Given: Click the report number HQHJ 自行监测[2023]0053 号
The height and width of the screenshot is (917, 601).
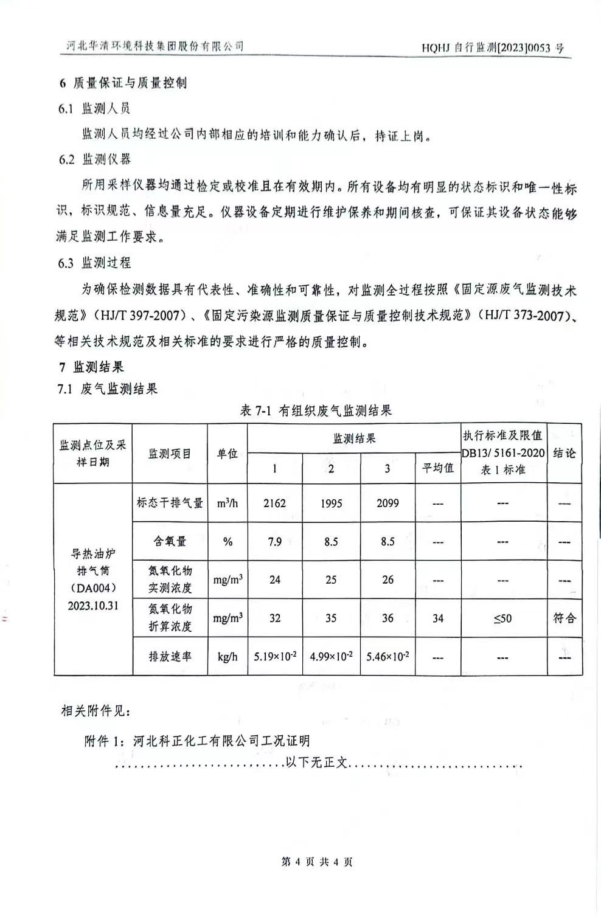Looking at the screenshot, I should coord(492,47).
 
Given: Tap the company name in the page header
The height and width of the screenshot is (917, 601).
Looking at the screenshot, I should coord(155,46).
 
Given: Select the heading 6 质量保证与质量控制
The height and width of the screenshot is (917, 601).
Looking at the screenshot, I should coord(122,83).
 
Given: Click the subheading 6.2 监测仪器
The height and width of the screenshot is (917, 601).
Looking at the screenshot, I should coord(94,159).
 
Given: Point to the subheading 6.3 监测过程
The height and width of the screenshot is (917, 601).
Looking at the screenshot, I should coord(94,263).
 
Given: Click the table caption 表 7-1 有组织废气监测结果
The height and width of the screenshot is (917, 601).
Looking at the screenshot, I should coord(316,410).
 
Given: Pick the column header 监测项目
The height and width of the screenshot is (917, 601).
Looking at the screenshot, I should coord(170,454).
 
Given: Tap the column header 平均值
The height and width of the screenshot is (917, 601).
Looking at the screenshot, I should coord(438,468).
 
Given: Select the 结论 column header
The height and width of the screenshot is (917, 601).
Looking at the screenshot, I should coord(564,453).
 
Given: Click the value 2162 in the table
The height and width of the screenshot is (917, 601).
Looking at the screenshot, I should coord(274,503).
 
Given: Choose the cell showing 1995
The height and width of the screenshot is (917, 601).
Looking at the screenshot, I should coord(331,503).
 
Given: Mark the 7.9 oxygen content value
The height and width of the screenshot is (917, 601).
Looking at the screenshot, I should coord(275,541).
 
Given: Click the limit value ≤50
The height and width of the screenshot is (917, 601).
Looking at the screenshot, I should coord(502,618).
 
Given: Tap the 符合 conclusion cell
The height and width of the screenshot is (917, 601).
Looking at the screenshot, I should coord(564,618).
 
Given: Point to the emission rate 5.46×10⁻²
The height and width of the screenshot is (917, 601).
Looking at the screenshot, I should coord(387,657).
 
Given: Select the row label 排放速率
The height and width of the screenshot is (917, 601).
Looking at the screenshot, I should coord(170,657).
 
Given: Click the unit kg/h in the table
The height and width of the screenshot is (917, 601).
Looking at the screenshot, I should coord(228,657).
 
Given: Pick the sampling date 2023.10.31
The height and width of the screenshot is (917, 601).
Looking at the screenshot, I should coord(93,606).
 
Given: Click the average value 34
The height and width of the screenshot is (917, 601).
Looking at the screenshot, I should coord(438,618).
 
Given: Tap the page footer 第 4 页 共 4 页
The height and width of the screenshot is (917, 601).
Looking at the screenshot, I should coord(316,862).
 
